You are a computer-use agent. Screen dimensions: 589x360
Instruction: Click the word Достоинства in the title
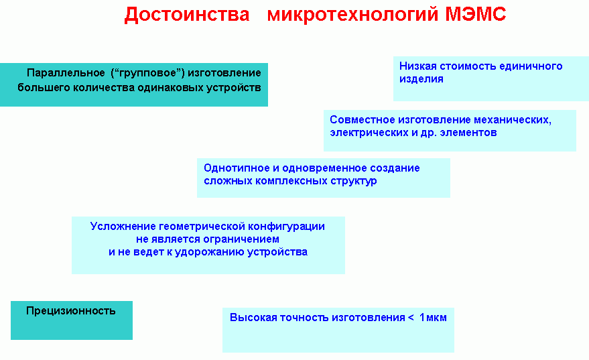click(187, 15)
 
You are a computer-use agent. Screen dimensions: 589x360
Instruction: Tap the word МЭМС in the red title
click(476, 14)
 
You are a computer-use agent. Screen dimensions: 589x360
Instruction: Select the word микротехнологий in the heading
click(352, 15)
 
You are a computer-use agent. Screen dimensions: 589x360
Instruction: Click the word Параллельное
click(66, 73)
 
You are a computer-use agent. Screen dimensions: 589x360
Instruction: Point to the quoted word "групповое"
click(147, 73)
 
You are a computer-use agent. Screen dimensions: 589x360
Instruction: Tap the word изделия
click(421, 79)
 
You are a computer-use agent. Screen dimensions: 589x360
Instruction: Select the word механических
click(513, 120)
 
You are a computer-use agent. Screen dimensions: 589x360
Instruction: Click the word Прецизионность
click(70, 311)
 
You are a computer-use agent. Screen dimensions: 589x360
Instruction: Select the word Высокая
click(253, 318)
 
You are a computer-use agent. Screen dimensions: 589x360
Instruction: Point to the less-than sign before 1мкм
click(411, 318)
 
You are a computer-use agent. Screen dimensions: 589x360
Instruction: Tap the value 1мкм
click(433, 318)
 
